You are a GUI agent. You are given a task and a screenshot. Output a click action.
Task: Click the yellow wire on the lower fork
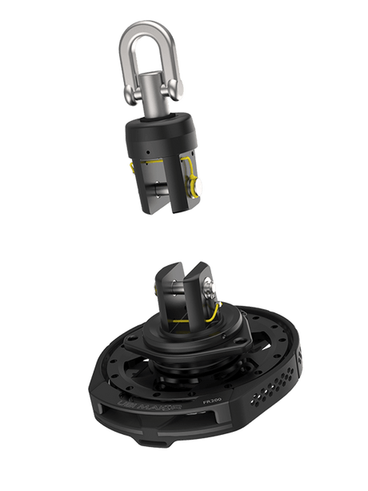(209, 318)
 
